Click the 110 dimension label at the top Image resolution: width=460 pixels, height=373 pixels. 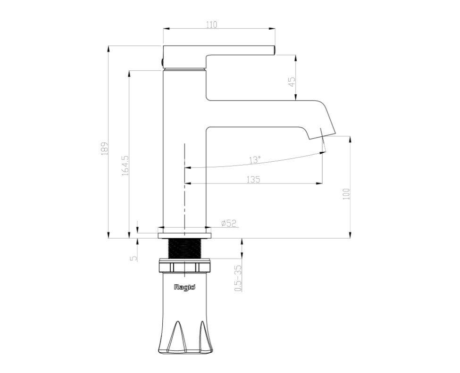click(211, 25)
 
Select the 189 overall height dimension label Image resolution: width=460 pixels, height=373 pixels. click(105, 149)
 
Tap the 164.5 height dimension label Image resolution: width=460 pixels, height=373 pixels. click(125, 166)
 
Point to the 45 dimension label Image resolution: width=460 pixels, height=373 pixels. click(292, 82)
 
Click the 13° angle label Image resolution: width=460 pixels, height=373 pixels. click(255, 160)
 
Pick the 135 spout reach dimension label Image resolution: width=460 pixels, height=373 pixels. click(253, 179)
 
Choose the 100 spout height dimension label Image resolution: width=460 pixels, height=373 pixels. click(346, 194)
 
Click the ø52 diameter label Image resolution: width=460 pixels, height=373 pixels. click(229, 223)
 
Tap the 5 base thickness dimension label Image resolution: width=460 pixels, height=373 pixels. click(134, 258)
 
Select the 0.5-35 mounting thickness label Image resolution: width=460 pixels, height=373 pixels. click(238, 278)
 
